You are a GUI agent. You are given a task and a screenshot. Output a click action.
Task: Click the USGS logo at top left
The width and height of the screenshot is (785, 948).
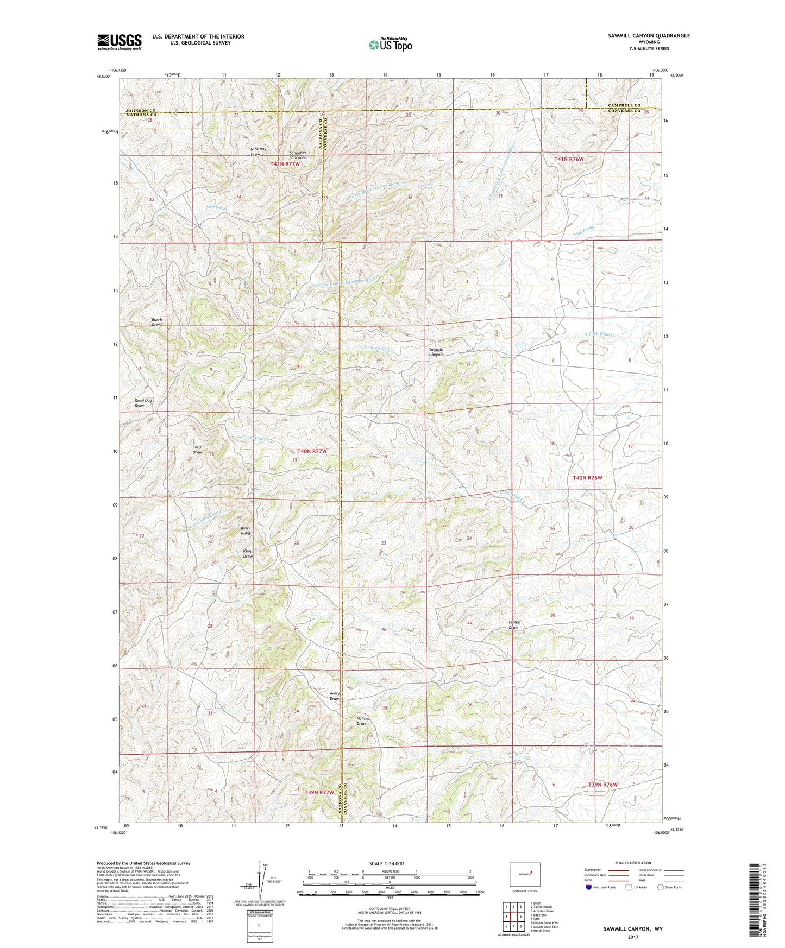[120, 42]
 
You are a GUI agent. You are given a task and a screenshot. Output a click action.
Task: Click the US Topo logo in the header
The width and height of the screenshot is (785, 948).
[390, 45]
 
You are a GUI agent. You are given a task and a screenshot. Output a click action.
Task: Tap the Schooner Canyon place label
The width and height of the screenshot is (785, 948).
[297, 155]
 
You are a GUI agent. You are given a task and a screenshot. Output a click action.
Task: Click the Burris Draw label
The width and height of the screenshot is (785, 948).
[156, 322]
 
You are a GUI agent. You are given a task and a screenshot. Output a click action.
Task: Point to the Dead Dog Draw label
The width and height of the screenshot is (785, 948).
[143, 403]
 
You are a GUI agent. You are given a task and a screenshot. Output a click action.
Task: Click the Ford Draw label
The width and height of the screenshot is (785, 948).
[197, 450]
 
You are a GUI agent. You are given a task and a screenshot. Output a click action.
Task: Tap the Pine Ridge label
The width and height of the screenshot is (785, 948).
[246, 530]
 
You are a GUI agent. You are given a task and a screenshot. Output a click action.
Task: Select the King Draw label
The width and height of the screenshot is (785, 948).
[248, 554]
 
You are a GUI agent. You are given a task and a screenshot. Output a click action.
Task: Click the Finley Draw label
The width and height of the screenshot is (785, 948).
[514, 624]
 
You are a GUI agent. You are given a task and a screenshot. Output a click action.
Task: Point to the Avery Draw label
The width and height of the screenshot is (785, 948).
[335, 696]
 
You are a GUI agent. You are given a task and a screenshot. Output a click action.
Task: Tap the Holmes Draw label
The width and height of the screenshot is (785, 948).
[363, 721]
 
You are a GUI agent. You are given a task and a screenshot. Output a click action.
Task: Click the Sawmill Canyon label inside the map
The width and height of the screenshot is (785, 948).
[436, 352]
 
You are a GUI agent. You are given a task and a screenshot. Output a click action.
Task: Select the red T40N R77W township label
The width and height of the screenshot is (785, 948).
[312, 451]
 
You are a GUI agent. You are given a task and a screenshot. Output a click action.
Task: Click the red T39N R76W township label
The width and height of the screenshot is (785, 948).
[603, 785]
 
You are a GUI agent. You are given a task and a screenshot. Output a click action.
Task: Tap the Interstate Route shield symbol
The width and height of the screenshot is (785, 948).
[589, 887]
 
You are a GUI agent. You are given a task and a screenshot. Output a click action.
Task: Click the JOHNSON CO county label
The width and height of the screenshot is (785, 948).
[141, 110]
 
